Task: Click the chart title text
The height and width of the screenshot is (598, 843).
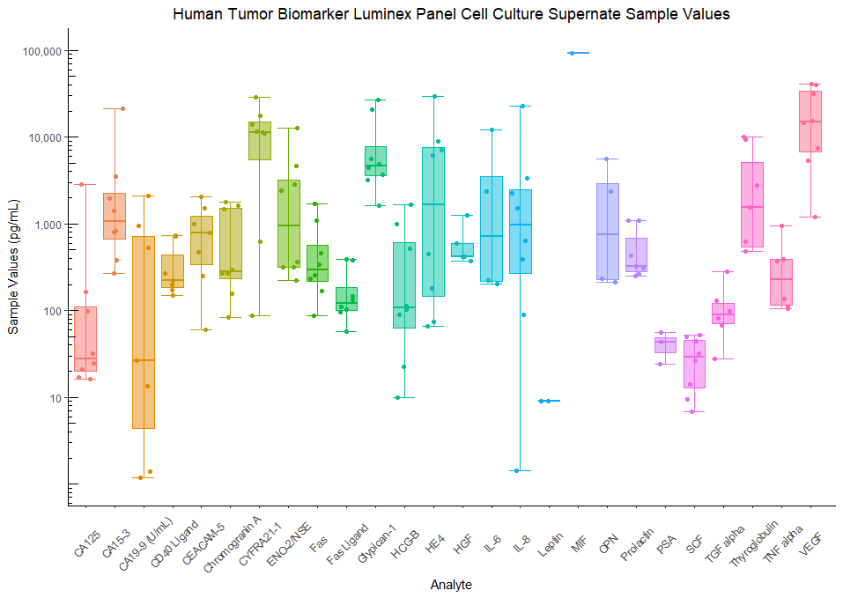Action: pyautogui.click(x=451, y=14)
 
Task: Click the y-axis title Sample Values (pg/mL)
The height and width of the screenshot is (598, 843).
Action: pyautogui.click(x=13, y=277)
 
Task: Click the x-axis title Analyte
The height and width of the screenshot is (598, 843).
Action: pyautogui.click(x=451, y=585)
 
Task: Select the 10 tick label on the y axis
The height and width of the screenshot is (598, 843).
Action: pyautogui.click(x=55, y=398)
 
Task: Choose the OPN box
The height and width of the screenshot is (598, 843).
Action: pyautogui.click(x=608, y=231)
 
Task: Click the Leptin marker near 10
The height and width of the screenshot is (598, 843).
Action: pyautogui.click(x=548, y=401)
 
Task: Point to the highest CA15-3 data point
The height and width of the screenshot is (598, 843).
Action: pyautogui.click(x=122, y=108)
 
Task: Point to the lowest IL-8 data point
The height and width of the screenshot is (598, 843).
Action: pyautogui.click(x=517, y=470)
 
